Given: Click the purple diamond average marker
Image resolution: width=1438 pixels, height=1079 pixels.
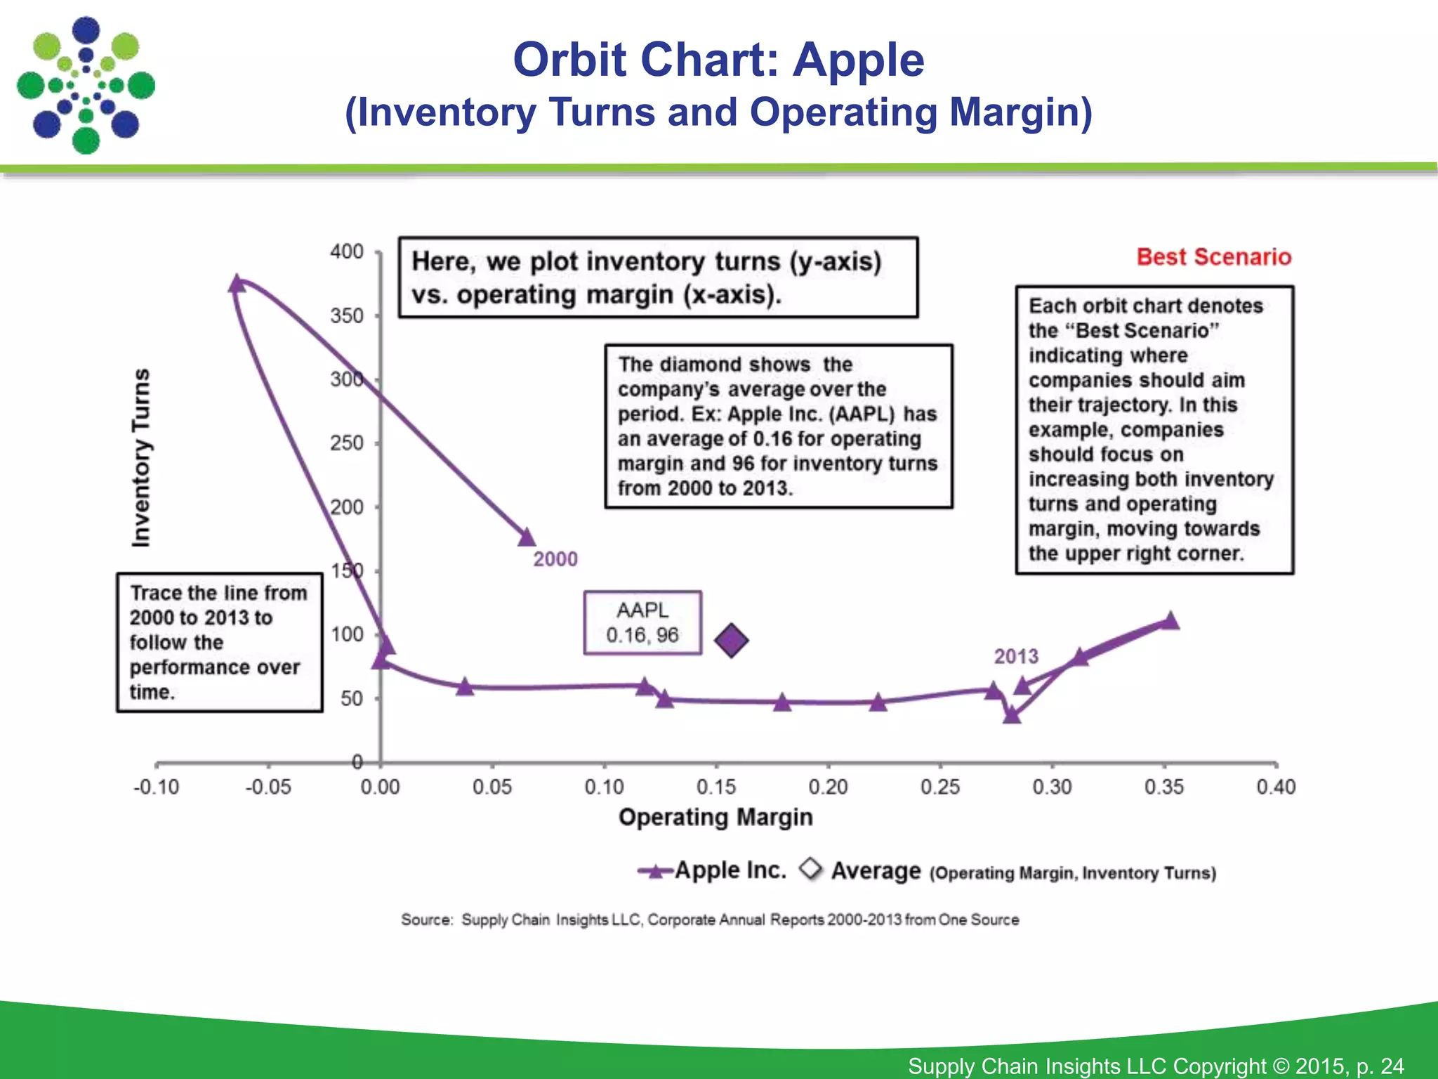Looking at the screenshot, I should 731,641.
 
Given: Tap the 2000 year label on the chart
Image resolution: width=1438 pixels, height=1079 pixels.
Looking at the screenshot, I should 555,559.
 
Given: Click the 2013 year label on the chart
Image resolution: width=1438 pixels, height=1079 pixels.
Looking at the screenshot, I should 1016,656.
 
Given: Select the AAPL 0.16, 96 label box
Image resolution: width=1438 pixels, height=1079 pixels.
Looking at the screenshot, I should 642,623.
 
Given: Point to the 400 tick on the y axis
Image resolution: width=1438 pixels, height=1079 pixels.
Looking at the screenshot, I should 347,251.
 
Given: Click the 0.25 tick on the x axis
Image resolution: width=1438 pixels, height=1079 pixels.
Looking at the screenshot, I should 940,787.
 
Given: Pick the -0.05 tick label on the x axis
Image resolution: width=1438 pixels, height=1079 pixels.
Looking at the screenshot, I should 268,787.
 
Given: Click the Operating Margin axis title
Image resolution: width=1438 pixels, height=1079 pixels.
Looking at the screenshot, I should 715,817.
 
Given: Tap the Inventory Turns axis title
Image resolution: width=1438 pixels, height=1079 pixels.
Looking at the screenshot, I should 141,457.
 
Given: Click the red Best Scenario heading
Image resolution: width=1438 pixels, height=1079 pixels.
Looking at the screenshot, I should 1213,257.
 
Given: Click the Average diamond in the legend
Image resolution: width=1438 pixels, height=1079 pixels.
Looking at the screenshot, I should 811,869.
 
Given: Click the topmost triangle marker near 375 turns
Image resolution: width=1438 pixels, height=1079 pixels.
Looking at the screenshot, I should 237,284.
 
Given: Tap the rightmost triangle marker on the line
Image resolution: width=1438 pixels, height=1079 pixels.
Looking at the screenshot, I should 1170,621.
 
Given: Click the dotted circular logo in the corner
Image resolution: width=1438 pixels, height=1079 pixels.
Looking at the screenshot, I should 86,86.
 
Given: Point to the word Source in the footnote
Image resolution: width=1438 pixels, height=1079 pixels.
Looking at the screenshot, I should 426,920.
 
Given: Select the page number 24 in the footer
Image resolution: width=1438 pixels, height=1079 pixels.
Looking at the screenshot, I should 1392,1066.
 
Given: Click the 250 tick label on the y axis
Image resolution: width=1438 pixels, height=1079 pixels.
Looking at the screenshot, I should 347,443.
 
